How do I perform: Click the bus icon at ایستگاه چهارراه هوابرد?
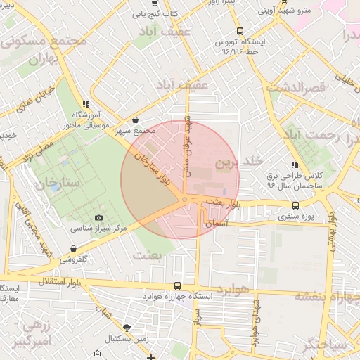pos(176,286)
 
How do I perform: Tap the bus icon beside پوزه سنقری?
pos(295,206)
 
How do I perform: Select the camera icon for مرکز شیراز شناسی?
pos(98,218)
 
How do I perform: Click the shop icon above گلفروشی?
pos(74,248)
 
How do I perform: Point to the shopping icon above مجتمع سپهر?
pos(135,120)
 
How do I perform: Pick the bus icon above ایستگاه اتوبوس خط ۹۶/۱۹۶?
pos(240,31)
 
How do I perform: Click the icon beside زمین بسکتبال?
pos(127,328)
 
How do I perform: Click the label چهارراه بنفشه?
pos(328,296)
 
